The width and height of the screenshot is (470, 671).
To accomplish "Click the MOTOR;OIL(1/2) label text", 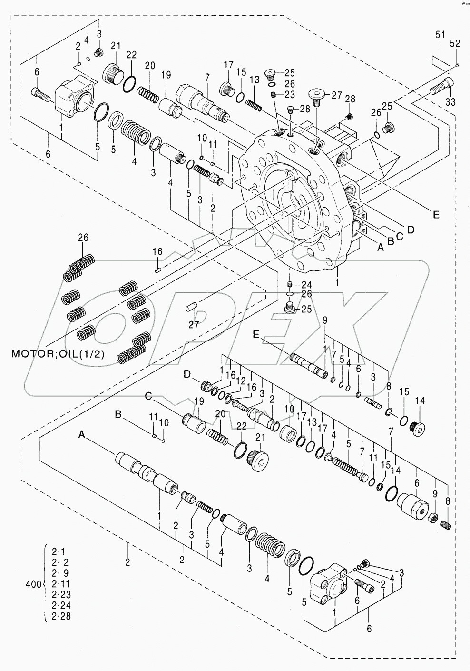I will [58, 353].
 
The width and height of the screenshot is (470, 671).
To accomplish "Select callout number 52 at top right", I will [455, 43].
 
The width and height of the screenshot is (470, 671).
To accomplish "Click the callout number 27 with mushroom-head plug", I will [336, 95].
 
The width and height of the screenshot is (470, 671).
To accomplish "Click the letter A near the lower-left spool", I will [82, 434].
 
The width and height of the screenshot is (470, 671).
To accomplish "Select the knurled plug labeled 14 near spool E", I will [419, 428].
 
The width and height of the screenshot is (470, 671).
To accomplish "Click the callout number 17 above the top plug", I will [229, 65].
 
